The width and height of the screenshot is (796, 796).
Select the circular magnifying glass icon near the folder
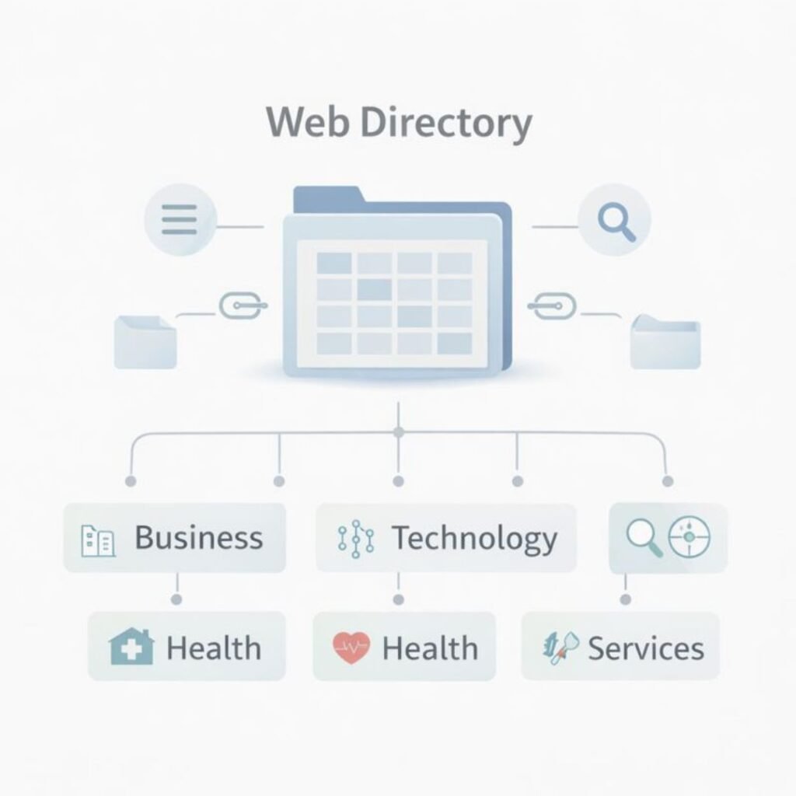(x=616, y=221)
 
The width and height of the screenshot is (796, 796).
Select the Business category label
(x=199, y=538)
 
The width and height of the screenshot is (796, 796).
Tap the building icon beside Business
(x=98, y=540)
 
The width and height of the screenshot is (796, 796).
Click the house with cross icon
(x=131, y=647)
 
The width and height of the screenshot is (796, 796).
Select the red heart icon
(x=351, y=648)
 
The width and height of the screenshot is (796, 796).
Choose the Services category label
(x=645, y=648)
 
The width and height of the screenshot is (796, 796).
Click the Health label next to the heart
(x=430, y=648)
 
